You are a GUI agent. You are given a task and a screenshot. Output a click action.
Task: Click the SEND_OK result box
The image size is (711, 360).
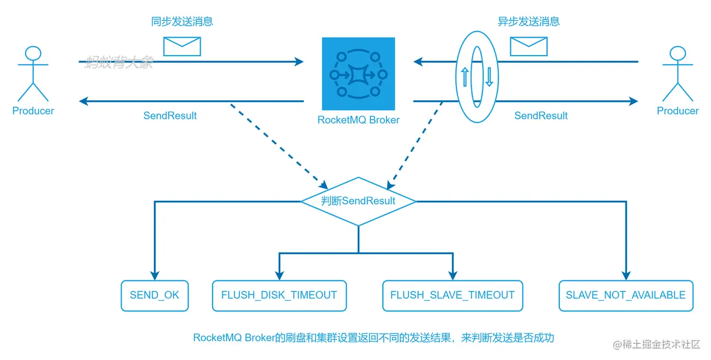154,296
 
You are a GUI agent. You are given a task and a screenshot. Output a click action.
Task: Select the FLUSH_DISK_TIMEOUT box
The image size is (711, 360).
279,296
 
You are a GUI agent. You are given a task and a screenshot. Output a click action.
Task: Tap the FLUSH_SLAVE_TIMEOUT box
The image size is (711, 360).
452,296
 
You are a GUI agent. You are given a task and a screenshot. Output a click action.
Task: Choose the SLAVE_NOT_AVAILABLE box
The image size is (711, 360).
625,296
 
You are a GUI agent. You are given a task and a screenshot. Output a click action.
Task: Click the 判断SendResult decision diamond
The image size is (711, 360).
358,201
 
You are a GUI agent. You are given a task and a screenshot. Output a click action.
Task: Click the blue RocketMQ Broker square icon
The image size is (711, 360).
358,74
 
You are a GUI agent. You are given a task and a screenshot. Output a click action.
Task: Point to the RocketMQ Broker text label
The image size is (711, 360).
358,120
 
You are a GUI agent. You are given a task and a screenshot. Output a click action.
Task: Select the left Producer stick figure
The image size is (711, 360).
33,74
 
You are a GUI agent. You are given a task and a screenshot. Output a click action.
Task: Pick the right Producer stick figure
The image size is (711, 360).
677,74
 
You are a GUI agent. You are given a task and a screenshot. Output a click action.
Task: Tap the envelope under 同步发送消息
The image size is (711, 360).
182,46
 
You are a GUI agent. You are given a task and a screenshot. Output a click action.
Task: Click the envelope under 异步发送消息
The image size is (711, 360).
528,46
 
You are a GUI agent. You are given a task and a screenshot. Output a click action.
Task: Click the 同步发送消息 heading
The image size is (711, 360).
182,22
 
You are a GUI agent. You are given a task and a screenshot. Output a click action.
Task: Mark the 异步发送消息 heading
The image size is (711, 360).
528,22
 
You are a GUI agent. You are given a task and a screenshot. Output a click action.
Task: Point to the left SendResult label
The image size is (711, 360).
170,116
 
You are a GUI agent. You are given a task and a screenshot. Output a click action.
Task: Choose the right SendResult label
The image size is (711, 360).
541,116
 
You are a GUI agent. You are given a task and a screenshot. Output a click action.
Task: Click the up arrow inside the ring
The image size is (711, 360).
465,77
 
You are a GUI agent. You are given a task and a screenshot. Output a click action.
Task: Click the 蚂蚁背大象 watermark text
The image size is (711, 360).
119,63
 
